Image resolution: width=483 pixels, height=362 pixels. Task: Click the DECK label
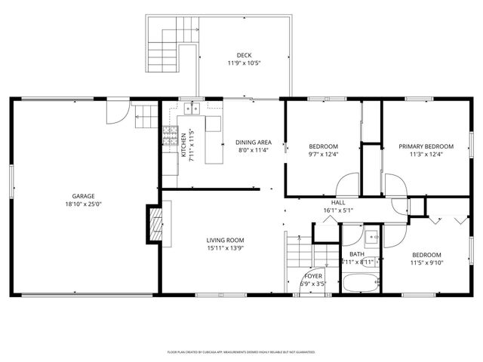tap(243, 55)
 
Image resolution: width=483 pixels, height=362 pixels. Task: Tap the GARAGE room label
tap(83, 195)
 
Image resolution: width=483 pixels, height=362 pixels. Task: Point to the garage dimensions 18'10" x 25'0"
tap(83, 204)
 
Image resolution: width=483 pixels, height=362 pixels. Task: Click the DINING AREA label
tap(254, 142)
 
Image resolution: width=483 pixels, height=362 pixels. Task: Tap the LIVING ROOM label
tap(226, 240)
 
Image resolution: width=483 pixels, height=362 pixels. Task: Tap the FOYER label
tap(312, 275)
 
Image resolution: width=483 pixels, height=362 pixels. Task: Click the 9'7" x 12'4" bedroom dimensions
tap(323, 155)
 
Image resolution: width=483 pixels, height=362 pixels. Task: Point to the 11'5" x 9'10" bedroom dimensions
tap(426, 263)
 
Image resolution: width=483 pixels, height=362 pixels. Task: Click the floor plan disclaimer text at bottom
tap(241, 351)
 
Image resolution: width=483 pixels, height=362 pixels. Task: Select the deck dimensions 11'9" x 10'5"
tap(243, 64)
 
